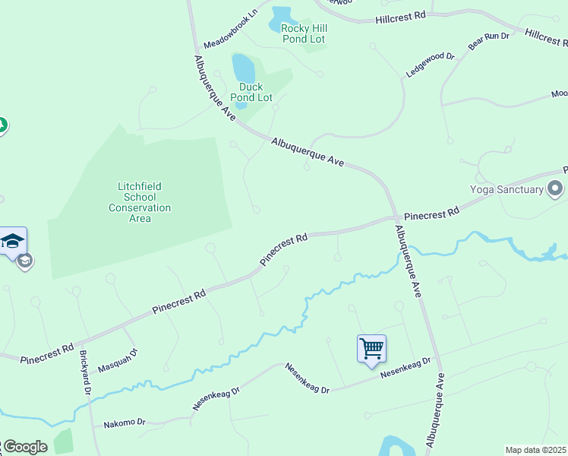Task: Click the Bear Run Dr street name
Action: [488, 41]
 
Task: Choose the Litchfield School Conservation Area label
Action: [140, 202]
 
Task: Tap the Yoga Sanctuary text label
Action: [506, 190]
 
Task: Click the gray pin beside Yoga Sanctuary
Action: [556, 188]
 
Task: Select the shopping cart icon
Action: [372, 349]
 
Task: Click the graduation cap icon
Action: [13, 242]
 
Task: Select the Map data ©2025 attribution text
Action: [536, 450]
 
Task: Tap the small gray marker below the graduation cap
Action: [25, 261]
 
